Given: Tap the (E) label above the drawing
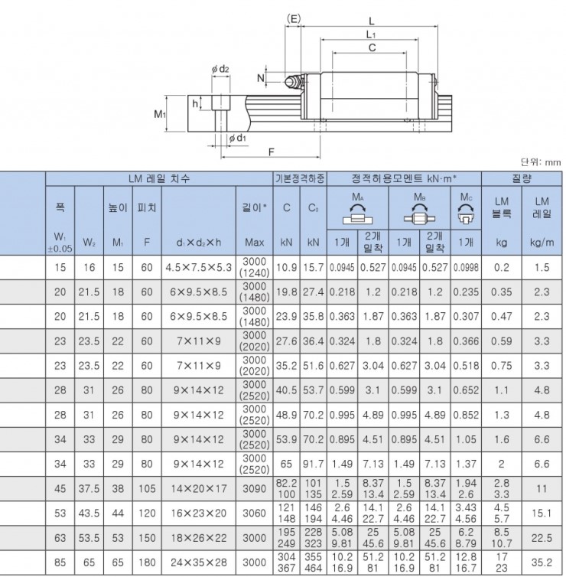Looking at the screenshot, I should tap(293, 17).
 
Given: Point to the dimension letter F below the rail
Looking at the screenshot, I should tap(272, 152).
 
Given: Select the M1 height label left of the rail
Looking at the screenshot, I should tap(160, 114).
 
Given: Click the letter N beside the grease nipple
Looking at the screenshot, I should tap(262, 77).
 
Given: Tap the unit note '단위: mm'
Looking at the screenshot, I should tap(541, 162).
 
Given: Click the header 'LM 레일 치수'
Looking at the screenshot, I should tap(158, 178).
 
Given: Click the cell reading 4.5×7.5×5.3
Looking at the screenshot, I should tap(199, 268).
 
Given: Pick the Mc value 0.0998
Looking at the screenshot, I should tap(466, 268).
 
